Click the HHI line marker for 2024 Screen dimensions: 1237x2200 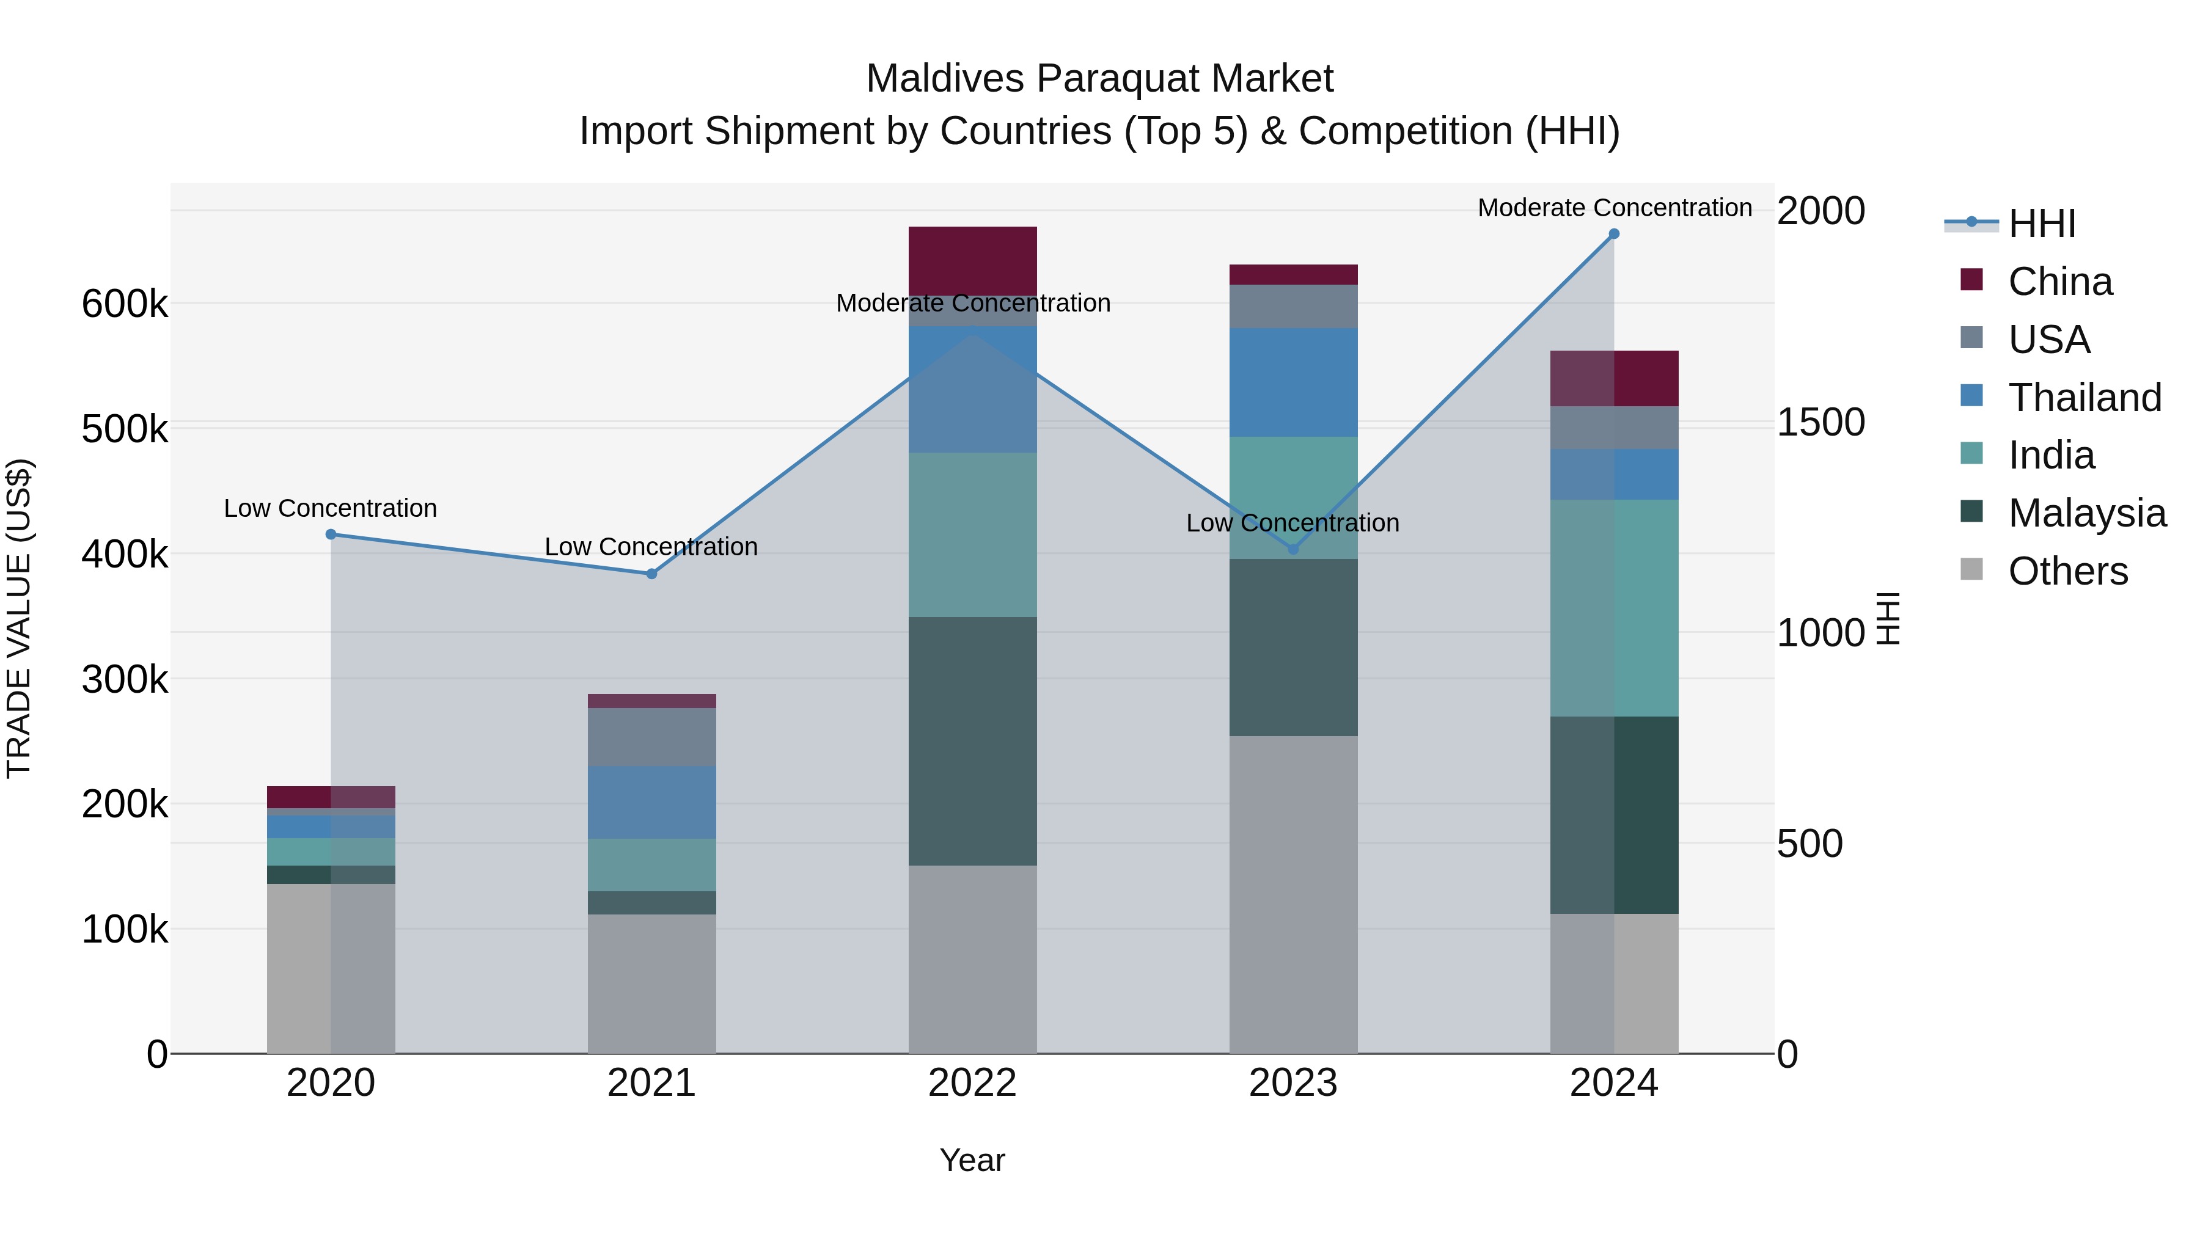tap(1613, 234)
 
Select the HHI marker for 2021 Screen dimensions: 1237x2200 tap(651, 574)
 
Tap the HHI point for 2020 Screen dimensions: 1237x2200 tap(331, 535)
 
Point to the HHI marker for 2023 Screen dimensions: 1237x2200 tap(1293, 549)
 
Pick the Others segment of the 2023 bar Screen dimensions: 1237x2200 tap(1293, 895)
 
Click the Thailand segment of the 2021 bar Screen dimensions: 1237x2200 tap(651, 803)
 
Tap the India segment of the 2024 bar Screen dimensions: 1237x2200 tap(1613, 608)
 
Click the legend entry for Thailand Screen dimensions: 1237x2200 tap(2084, 398)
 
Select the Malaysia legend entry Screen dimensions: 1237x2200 tap(2086, 513)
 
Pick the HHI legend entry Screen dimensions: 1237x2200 tap(2041, 224)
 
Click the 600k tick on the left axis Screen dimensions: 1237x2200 tap(125, 304)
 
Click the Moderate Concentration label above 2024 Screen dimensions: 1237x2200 tap(1614, 208)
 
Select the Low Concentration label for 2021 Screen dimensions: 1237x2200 tap(651, 546)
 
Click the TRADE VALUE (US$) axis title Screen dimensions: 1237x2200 tap(19, 618)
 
